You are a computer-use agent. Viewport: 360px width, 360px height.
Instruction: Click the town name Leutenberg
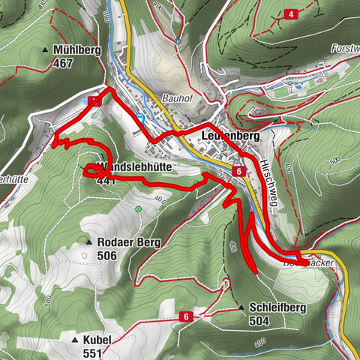point(230,136)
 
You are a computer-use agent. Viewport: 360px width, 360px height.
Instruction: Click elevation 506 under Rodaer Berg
point(108,255)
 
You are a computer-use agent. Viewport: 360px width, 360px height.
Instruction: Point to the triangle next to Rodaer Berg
point(89,242)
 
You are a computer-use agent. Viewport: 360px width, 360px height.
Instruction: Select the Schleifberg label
point(279,307)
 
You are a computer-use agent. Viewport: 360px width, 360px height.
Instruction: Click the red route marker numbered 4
point(290,14)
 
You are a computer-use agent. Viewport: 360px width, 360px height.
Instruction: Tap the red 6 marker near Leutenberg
point(238,172)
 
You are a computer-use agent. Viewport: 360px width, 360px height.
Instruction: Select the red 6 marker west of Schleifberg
point(184,317)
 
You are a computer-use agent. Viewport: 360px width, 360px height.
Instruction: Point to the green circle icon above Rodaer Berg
point(139,209)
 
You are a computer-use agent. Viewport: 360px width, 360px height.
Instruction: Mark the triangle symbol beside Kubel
point(74,340)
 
